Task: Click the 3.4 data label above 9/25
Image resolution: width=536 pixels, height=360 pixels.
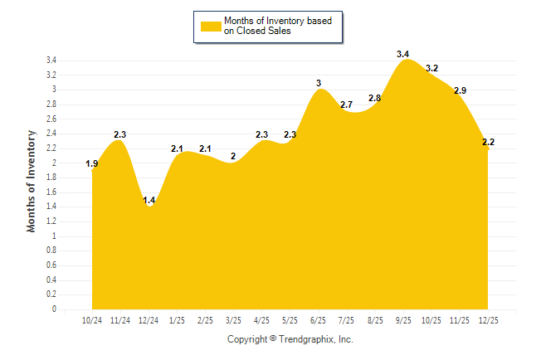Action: [x=403, y=55]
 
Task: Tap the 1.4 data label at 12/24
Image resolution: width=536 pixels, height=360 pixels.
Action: [x=149, y=201]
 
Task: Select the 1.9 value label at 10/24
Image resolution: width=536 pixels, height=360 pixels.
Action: [x=92, y=164]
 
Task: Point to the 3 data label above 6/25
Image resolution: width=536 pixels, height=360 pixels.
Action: [x=319, y=83]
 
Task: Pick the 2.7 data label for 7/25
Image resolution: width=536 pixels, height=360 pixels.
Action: [x=347, y=105]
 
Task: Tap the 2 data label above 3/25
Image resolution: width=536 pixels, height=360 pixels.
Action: [x=233, y=157]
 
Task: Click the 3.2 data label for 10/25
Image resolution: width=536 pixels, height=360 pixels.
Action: [x=431, y=68]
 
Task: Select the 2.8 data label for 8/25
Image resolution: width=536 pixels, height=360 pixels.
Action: [x=375, y=98]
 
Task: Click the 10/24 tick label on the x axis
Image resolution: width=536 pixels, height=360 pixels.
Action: [x=92, y=320]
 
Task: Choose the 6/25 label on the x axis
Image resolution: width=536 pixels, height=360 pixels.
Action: [x=319, y=320]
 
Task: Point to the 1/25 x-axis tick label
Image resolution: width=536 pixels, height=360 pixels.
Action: [x=177, y=320]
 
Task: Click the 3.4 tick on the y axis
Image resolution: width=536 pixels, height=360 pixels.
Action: [x=51, y=61]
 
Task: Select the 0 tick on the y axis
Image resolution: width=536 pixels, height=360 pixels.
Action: [x=54, y=309]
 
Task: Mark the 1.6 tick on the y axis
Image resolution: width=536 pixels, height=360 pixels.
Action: [x=51, y=192]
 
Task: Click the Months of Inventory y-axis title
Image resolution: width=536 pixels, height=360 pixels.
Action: [x=32, y=180]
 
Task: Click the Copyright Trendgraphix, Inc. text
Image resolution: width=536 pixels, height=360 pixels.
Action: [x=290, y=339]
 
